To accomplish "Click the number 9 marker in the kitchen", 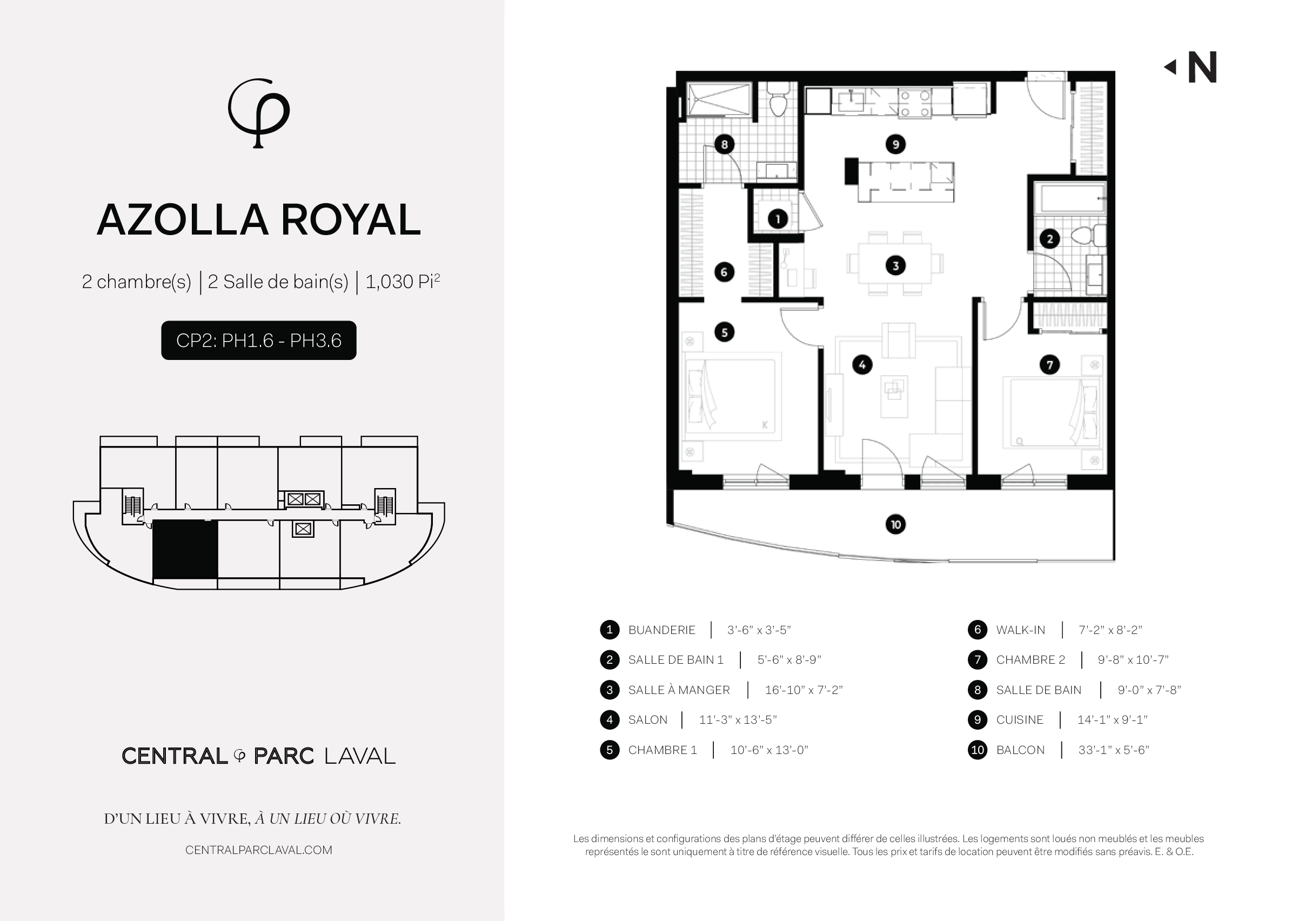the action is [895, 144].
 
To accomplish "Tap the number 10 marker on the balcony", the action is [895, 524].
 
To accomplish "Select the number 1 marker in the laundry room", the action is [777, 218].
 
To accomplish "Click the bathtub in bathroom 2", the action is [1070, 198].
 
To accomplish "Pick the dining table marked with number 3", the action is [895, 263].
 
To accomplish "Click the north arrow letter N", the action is [1202, 68].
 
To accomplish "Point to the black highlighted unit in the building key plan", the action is [185, 550].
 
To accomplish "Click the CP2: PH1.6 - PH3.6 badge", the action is [258, 341].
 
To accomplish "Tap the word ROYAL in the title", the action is [351, 219].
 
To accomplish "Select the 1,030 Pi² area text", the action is [403, 281].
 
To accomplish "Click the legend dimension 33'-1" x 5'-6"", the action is [1114, 750].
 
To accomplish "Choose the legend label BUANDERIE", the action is [661, 630].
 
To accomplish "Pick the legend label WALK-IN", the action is [1021, 630].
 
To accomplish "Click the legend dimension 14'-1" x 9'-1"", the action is [1113, 720].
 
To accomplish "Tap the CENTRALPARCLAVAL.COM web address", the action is [258, 850].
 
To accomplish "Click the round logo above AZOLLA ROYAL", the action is [258, 113].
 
